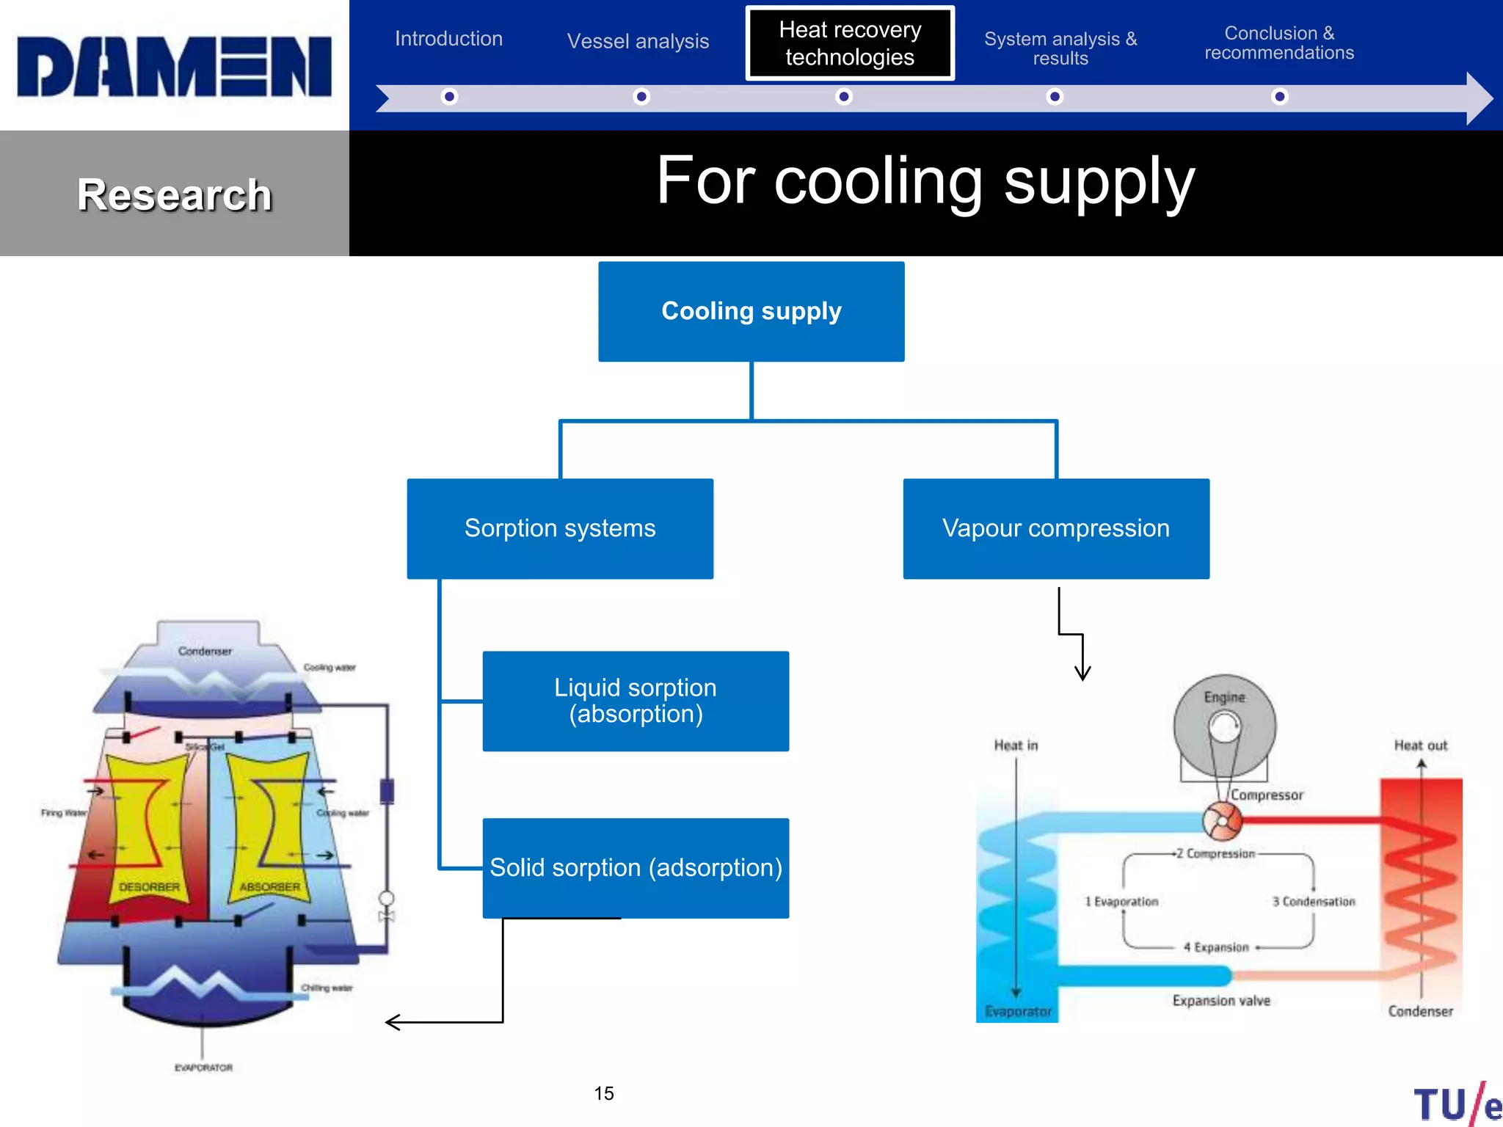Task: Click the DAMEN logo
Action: pyautogui.click(x=174, y=66)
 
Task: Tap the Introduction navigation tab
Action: pyautogui.click(x=448, y=39)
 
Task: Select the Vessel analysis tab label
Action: pyautogui.click(x=638, y=41)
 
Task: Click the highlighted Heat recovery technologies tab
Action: pyautogui.click(x=850, y=43)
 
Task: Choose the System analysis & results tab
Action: pyautogui.click(x=1060, y=48)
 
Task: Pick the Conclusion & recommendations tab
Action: pyautogui.click(x=1279, y=43)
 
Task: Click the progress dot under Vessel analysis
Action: pyautogui.click(x=641, y=97)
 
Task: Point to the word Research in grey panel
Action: pyautogui.click(x=175, y=195)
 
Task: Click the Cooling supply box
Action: pyautogui.click(x=751, y=311)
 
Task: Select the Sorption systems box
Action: pyautogui.click(x=560, y=528)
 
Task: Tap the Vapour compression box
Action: pyautogui.click(x=1055, y=528)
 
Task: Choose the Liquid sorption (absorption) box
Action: pyautogui.click(x=636, y=701)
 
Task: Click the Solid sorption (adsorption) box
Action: pyautogui.click(x=636, y=868)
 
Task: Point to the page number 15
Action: pyautogui.click(x=604, y=1093)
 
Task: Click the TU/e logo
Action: pyautogui.click(x=1457, y=1104)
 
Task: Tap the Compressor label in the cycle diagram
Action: pyautogui.click(x=1267, y=795)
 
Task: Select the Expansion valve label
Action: pyautogui.click(x=1220, y=1001)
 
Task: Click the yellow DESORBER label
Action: pyautogui.click(x=149, y=887)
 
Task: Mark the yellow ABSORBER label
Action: pyautogui.click(x=269, y=887)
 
